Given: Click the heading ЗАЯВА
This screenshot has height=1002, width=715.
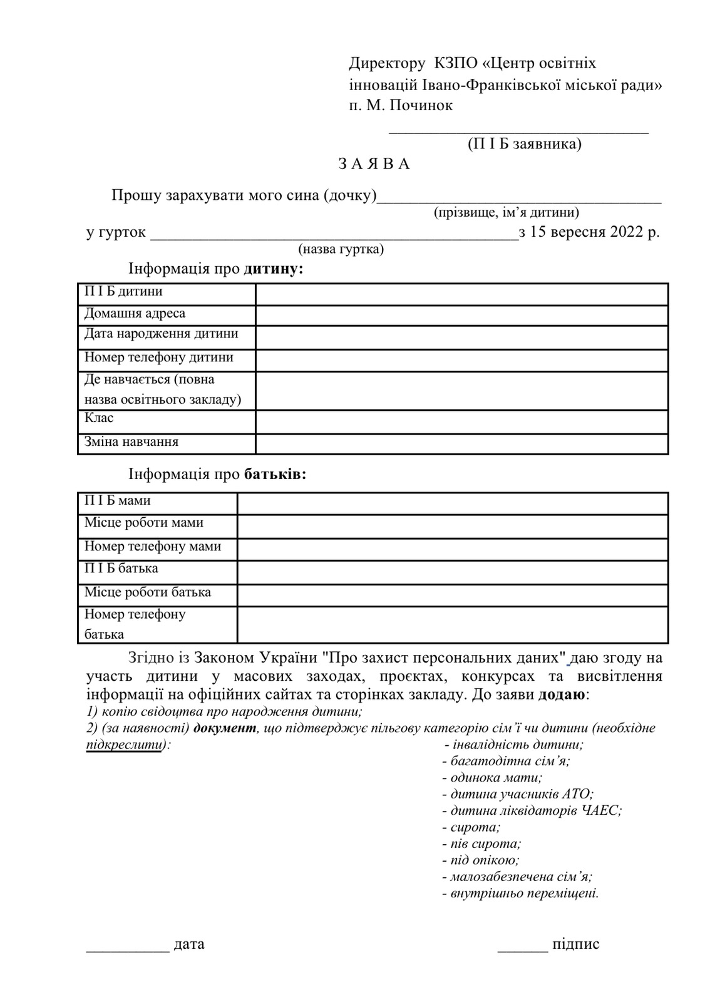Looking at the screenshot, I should [x=374, y=164].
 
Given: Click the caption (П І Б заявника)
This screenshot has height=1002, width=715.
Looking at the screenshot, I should [x=525, y=144].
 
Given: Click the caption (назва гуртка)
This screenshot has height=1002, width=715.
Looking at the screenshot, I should [x=341, y=249].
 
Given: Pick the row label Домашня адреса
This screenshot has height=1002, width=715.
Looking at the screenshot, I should [x=135, y=313].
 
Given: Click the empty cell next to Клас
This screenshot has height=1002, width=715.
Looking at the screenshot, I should [x=461, y=421].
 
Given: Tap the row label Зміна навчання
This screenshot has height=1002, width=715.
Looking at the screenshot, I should [x=131, y=442].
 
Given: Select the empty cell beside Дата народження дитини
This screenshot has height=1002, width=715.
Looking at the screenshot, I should [x=461, y=337].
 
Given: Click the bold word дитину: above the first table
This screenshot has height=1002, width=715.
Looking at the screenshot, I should [x=274, y=269].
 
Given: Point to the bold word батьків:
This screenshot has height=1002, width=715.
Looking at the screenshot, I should [x=275, y=473].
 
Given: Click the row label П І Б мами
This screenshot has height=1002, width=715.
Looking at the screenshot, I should [x=118, y=501].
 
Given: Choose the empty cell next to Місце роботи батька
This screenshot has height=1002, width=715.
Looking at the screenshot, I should [x=452, y=595].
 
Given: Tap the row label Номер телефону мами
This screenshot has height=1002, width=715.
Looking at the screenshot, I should [x=153, y=546].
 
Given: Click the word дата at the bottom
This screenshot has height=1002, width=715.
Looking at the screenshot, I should [x=189, y=944].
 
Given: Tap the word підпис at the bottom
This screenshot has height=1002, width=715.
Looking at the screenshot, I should [x=575, y=944].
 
